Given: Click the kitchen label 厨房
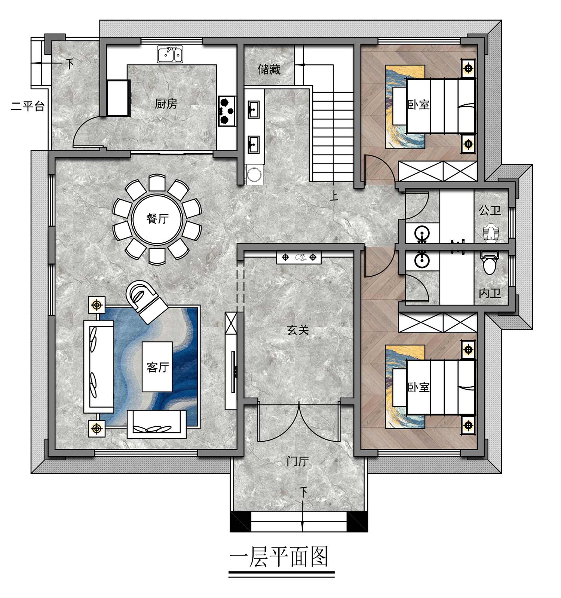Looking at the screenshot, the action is [x=166, y=104].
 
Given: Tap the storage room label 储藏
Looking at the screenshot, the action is [x=269, y=69].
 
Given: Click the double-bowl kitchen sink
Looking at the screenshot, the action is [x=170, y=54].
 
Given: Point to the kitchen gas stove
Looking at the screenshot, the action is [x=227, y=111].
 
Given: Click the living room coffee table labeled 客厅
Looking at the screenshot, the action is [x=157, y=367].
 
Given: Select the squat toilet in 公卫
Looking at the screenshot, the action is [x=490, y=232].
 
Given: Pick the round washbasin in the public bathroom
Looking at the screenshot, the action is [x=423, y=233].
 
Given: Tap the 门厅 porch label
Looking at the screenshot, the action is [x=298, y=461].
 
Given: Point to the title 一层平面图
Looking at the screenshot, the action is [x=279, y=557].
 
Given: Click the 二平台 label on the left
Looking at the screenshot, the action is [x=28, y=106].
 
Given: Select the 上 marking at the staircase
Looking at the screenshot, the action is [x=334, y=195].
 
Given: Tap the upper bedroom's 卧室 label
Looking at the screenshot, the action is [x=419, y=104].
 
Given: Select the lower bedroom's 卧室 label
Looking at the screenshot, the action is [x=419, y=387].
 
